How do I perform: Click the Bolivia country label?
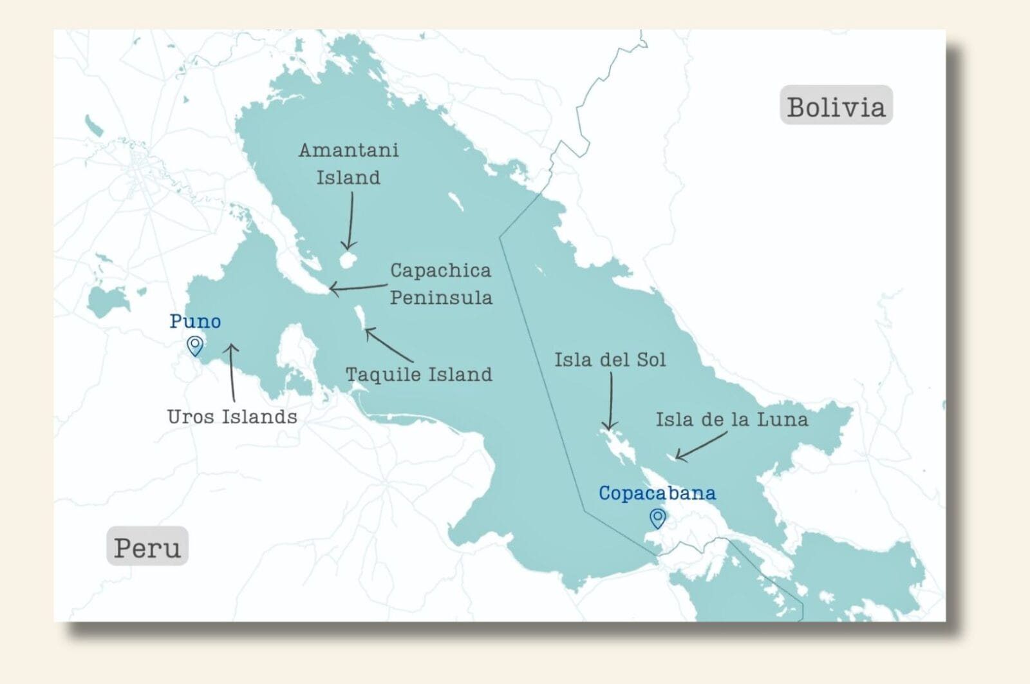point(836,106)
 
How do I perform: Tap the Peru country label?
point(147,547)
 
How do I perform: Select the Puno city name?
point(195,321)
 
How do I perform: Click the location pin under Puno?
point(195,346)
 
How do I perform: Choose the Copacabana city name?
point(657,493)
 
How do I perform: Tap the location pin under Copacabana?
point(657,518)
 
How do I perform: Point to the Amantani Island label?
point(348,164)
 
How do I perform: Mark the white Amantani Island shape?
point(348,260)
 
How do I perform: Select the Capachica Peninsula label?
point(441,283)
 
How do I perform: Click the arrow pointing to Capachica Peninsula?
point(359,287)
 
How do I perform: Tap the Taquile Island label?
point(419,374)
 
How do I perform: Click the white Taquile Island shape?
point(360,317)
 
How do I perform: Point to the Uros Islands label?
point(232,417)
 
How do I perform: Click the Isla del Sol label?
point(610,359)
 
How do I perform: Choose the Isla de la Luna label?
point(732,419)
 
